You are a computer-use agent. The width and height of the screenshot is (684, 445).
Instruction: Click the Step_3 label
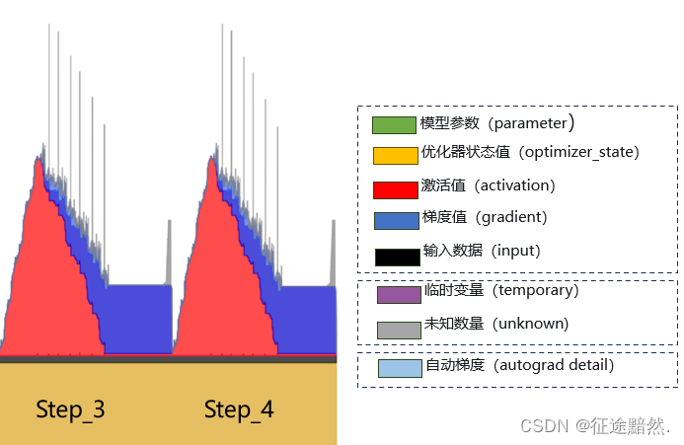(70, 409)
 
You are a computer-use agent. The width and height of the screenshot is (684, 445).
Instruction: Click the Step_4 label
(239, 409)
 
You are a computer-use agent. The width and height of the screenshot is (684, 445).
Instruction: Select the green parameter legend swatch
(394, 125)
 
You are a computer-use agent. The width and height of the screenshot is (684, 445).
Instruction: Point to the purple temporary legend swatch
(399, 294)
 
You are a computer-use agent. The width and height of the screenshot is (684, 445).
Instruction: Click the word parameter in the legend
(530, 123)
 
